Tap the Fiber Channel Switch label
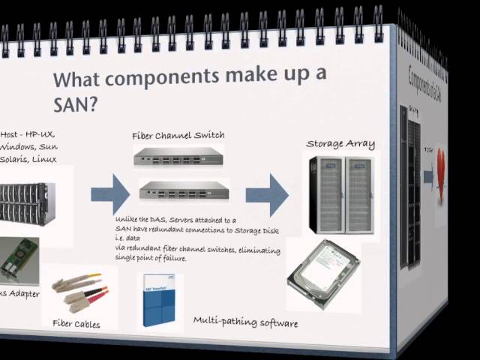pyautogui.click(x=178, y=136)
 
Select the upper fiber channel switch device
pyautogui.click(x=179, y=156)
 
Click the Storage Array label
pyautogui.click(x=340, y=143)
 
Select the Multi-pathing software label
pyautogui.click(x=245, y=322)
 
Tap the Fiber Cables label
pyautogui.click(x=76, y=324)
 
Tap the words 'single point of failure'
pyautogui.click(x=151, y=258)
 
